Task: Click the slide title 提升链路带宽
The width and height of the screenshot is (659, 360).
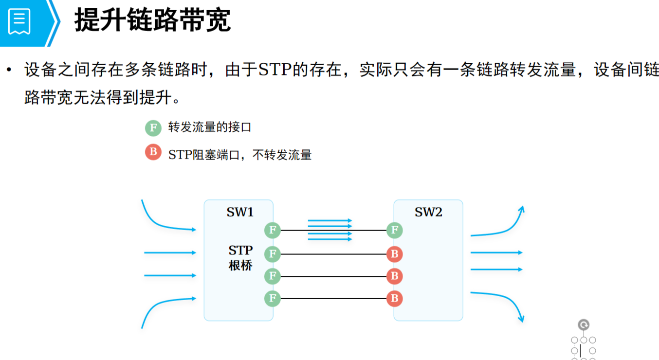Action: [x=152, y=21]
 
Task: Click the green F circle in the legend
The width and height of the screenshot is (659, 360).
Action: [x=153, y=128]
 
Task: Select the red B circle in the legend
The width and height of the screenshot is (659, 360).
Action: [x=153, y=152]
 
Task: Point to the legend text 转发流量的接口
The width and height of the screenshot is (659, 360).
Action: [x=210, y=128]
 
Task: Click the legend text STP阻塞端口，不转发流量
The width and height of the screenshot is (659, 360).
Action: [x=240, y=155]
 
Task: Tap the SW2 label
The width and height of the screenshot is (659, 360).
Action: [x=428, y=213]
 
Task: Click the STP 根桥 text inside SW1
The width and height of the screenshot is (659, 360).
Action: [x=240, y=258]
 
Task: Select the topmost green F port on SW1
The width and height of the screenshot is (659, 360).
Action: [x=273, y=230]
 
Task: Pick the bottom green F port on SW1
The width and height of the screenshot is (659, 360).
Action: [x=273, y=298]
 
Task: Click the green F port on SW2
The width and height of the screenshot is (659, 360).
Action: [x=395, y=230]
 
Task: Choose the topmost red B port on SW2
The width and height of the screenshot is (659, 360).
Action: [x=395, y=254]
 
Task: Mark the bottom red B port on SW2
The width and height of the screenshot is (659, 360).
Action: [x=395, y=298]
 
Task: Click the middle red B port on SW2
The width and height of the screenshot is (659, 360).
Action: [x=395, y=276]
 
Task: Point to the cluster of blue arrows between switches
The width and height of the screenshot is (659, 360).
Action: [x=330, y=230]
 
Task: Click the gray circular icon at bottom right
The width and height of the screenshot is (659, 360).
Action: [x=584, y=325]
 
